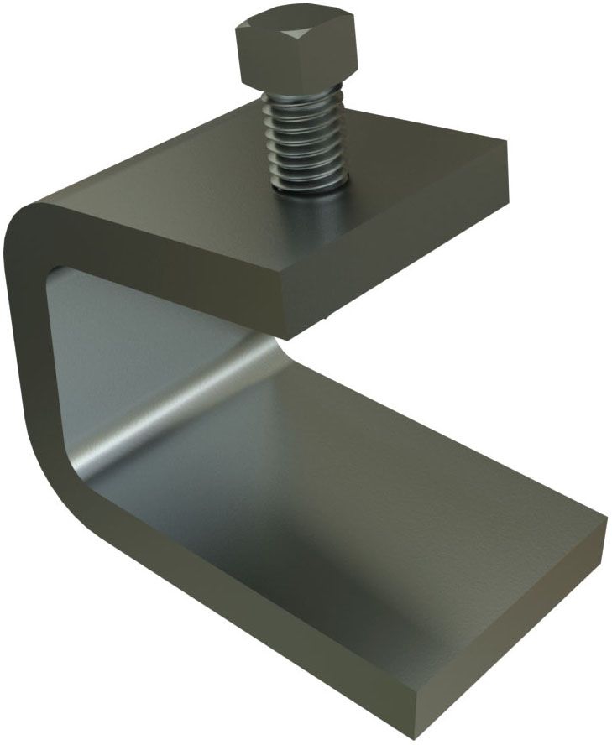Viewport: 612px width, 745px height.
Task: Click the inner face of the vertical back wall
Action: (134, 336)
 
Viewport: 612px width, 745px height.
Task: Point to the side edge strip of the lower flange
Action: (235, 612)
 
